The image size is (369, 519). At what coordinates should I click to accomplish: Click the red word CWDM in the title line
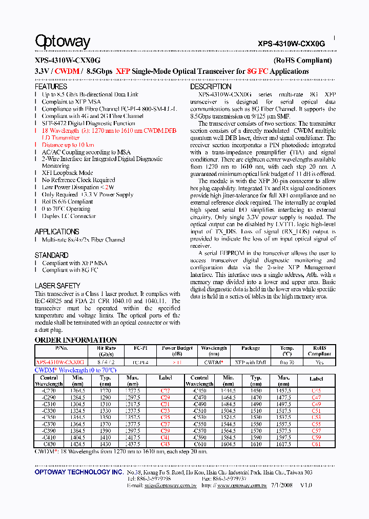(67, 71)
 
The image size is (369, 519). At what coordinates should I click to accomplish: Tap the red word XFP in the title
(123, 71)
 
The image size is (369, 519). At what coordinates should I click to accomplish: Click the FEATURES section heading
(51, 87)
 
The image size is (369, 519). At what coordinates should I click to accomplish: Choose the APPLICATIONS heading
(57, 231)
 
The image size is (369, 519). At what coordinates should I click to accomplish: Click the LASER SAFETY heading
(57, 286)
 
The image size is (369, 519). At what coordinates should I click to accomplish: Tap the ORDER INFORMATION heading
(76, 340)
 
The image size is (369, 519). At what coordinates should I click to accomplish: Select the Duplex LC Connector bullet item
(69, 216)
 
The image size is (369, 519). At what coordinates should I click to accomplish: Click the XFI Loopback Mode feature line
(67, 173)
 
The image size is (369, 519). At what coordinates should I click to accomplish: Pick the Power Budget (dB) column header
(176, 351)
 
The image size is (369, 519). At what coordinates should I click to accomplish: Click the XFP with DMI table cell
(251, 362)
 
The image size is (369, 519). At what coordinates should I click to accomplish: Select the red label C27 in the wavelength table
(165, 391)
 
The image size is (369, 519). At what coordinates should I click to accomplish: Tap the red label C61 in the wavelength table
(316, 444)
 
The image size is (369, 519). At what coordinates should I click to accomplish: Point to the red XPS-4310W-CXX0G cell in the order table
(60, 362)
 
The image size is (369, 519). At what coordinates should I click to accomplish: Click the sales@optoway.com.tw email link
(171, 485)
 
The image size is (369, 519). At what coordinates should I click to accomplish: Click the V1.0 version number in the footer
(305, 485)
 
